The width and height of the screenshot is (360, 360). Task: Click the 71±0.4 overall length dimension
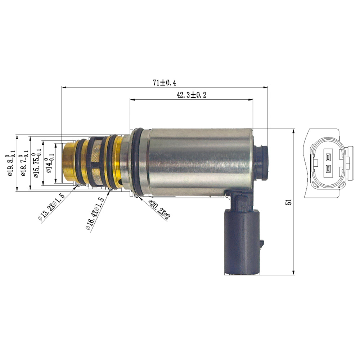pos(165,83)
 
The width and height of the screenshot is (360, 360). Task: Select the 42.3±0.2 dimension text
pos(192,95)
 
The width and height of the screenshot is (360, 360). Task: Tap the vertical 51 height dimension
pos(289,202)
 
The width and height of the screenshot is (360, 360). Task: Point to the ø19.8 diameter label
pos(11,163)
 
